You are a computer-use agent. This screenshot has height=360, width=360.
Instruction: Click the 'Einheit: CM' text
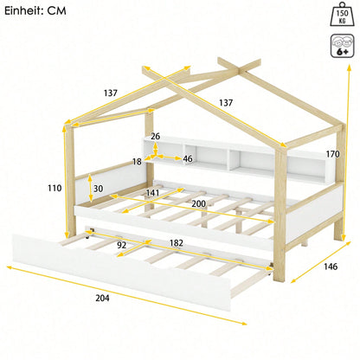click(35, 10)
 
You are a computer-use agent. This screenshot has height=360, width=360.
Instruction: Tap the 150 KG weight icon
click(343, 14)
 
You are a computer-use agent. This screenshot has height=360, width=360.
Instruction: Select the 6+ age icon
click(343, 46)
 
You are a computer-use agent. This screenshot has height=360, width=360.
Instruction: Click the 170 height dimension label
click(333, 154)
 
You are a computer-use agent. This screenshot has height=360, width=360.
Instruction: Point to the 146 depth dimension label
click(331, 267)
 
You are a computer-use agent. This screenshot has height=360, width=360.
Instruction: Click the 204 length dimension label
click(102, 298)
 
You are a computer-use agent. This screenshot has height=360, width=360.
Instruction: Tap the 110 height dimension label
click(55, 188)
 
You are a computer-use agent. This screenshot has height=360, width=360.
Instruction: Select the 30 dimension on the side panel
click(98, 189)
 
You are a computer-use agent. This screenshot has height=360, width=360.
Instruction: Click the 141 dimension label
click(152, 192)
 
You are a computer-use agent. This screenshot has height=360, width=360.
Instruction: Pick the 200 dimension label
click(199, 204)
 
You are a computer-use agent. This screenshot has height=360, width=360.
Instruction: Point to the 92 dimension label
click(122, 245)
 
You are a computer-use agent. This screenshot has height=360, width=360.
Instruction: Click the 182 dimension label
click(176, 243)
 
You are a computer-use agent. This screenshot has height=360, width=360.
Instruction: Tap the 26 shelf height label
click(156, 136)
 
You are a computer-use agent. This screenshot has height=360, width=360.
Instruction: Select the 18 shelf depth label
click(137, 162)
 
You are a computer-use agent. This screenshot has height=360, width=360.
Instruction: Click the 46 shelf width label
click(188, 158)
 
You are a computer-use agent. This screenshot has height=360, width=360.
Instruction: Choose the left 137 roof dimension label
click(111, 93)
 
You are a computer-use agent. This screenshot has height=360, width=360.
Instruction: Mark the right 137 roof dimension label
click(226, 103)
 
